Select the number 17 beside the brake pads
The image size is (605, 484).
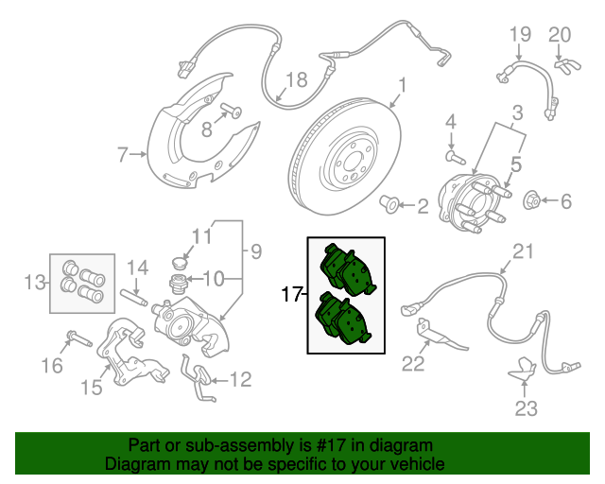292,295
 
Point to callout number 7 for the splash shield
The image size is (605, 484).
122,153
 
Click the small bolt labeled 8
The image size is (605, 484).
229,113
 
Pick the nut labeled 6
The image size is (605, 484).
532,200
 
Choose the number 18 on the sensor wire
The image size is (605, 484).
296,80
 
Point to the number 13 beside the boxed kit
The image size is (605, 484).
35,281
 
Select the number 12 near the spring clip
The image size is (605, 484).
240,380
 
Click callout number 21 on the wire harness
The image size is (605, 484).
523,251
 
